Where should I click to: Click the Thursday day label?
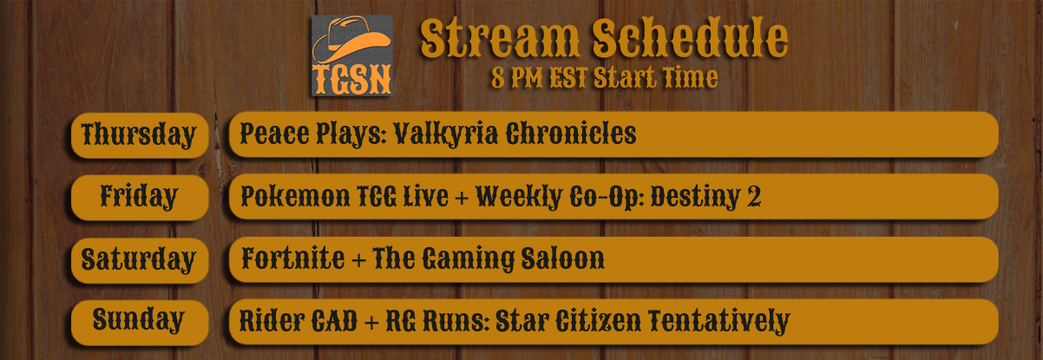pos(139,135)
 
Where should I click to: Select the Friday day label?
pos(139,197)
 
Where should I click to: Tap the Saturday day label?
pos(138,260)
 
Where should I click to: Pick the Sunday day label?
pos(139,320)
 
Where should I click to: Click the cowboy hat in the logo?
pos(351,40)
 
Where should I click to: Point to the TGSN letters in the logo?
pos(351,79)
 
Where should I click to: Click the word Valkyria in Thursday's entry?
pos(446,134)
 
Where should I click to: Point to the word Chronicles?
pos(571,134)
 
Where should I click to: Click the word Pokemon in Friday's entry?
pos(295,196)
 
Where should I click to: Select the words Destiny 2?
pos(705,197)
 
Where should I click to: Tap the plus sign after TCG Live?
pos(462,198)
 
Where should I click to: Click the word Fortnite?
pos(293,259)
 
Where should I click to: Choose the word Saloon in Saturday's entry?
pos(562,259)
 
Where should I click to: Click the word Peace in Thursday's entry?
pos(275,134)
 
